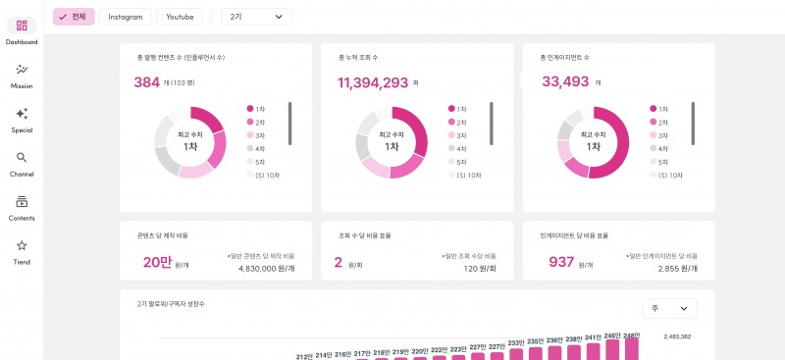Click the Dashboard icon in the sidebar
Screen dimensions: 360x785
(x=22, y=26)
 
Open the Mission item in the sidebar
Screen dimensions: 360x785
(x=22, y=70)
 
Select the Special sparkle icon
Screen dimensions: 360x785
(x=22, y=114)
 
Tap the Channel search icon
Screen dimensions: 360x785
(x=22, y=158)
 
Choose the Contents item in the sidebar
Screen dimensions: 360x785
(x=22, y=202)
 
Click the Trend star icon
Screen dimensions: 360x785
(x=22, y=246)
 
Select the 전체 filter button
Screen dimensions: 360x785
(x=74, y=17)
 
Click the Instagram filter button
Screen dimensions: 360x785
(x=126, y=17)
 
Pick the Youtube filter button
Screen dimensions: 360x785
(x=180, y=17)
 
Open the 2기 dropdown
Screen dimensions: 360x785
(x=256, y=17)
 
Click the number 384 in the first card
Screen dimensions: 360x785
(x=146, y=82)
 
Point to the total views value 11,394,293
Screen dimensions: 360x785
(x=373, y=82)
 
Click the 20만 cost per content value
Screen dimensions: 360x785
(x=157, y=262)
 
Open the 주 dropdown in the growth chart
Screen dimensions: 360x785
(x=669, y=308)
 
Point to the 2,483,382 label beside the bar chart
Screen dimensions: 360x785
(x=678, y=336)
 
